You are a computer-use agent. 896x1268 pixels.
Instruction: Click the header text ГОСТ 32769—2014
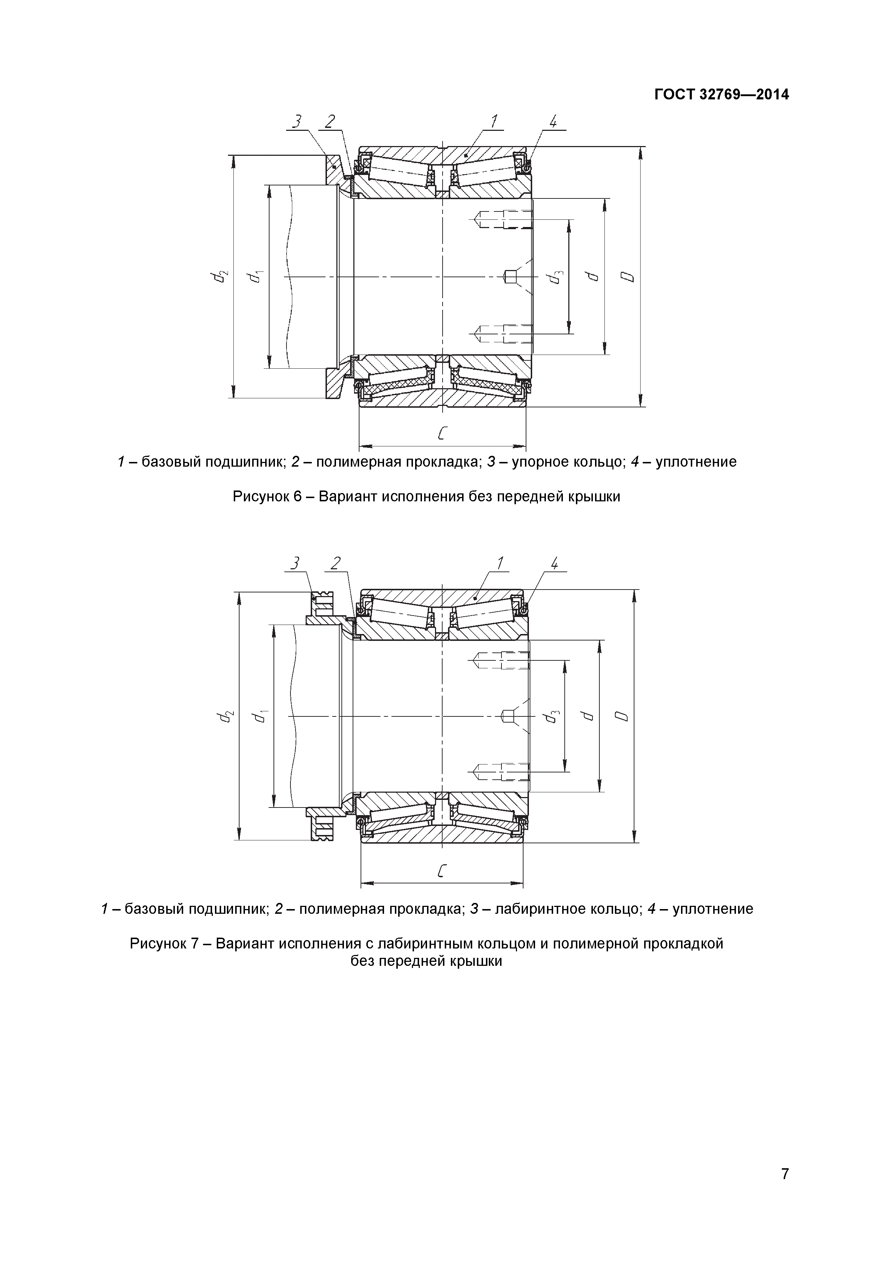pos(721,95)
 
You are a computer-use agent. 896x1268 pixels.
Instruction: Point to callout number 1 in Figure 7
pos(500,563)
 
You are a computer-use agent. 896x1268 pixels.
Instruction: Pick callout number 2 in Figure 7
pos(335,563)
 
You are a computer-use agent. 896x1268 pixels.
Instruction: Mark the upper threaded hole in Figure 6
pos(504,220)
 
